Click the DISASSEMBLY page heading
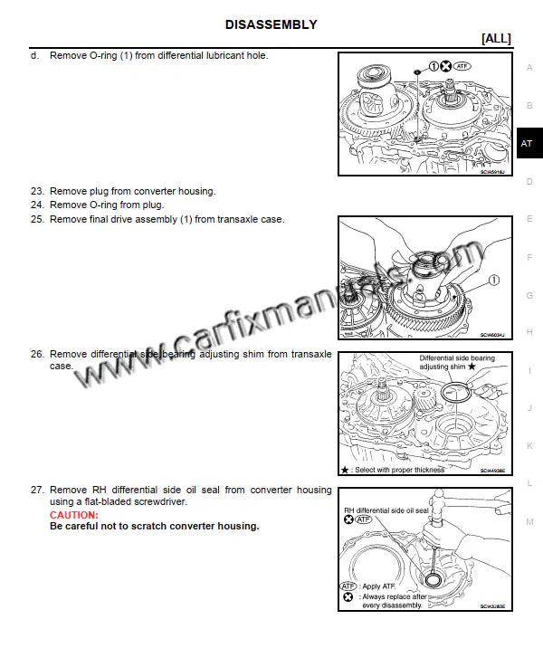pyautogui.click(x=271, y=24)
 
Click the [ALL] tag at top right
pyautogui.click(x=496, y=38)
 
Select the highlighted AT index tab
pyautogui.click(x=528, y=144)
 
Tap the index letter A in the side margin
pyautogui.click(x=529, y=68)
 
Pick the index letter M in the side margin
pyautogui.click(x=529, y=521)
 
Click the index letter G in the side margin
pyautogui.click(x=529, y=295)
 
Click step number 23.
pyautogui.click(x=37, y=191)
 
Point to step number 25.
pyautogui.click(x=37, y=219)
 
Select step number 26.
pyautogui.click(x=37, y=354)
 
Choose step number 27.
pyautogui.click(x=37, y=490)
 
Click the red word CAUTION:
pyautogui.click(x=74, y=515)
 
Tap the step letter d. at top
pyautogui.click(x=34, y=55)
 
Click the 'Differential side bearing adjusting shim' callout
pyautogui.click(x=456, y=363)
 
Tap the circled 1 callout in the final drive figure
pyautogui.click(x=494, y=281)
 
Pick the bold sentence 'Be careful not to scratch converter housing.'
pyautogui.click(x=154, y=526)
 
